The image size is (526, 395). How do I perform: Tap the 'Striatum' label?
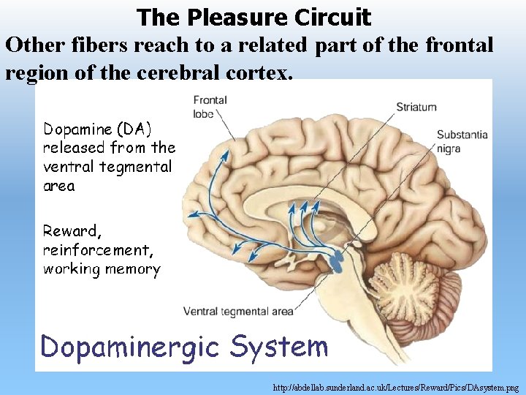[x=416, y=107]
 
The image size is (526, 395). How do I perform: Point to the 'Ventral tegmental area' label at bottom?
[x=238, y=312]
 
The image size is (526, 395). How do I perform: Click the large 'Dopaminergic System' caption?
[x=184, y=345]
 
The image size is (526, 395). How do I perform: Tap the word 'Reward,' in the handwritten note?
[x=71, y=231]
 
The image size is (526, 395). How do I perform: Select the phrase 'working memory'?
[x=102, y=269]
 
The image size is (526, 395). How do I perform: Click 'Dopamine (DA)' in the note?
[x=97, y=129]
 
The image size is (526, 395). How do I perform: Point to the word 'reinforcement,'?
[x=99, y=250]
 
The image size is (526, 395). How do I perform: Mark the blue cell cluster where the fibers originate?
[x=338, y=257]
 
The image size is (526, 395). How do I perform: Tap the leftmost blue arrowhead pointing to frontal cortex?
[x=191, y=215]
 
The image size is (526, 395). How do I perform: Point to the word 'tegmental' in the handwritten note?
[x=137, y=167]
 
